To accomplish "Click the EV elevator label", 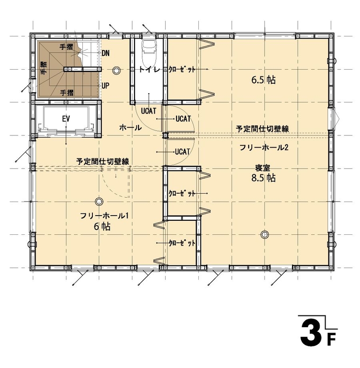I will click(66, 118).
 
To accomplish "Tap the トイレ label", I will click(148, 69).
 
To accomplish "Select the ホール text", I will click(130, 128).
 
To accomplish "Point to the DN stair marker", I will click(106, 53).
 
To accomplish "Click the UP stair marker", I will click(106, 85).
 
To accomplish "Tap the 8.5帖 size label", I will click(264, 178).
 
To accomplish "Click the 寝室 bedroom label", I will click(263, 167).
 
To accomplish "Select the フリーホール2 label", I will click(263, 148).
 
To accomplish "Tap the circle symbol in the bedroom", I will click(264, 234).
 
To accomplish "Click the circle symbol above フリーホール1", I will click(99, 201).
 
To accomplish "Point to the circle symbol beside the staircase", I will click(116, 70).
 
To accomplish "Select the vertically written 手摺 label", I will click(43, 69).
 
